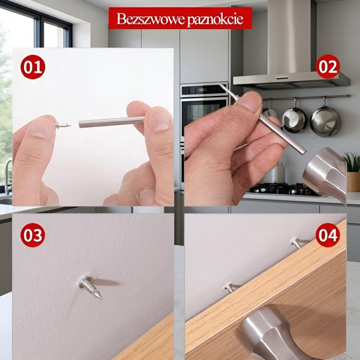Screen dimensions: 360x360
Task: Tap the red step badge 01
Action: pos(32,68)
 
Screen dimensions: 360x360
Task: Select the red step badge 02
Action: pos(328,67)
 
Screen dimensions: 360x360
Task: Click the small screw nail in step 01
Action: pos(63,125)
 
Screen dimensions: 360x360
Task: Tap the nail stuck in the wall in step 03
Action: pos(91,287)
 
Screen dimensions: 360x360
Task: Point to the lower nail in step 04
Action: pos(231,288)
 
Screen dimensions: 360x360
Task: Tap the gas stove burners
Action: pos(283,188)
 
